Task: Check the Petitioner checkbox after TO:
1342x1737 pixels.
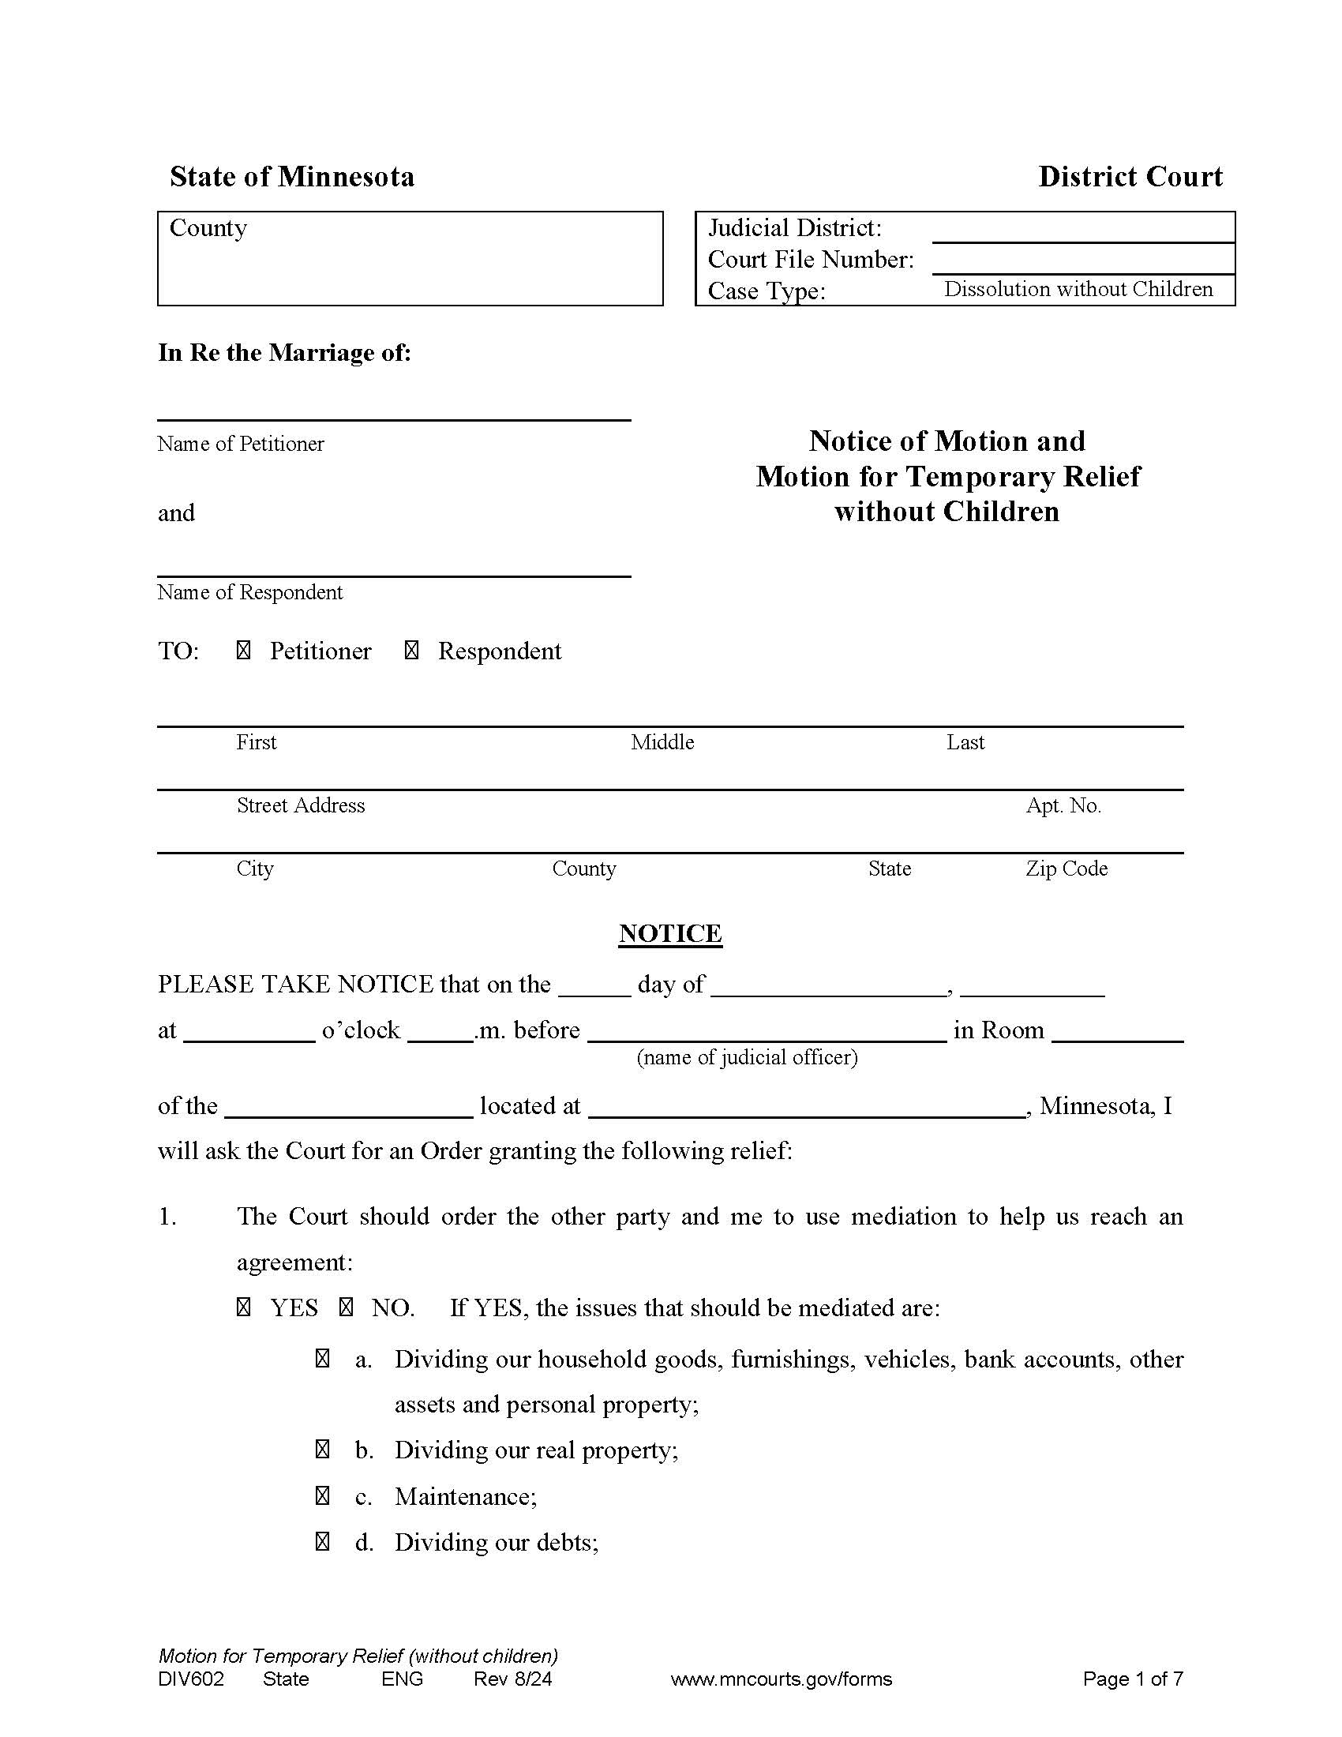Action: click(x=243, y=651)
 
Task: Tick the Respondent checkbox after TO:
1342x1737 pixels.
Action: click(x=412, y=651)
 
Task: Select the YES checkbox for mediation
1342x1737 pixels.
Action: click(x=243, y=1307)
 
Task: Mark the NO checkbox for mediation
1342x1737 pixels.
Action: click(x=346, y=1307)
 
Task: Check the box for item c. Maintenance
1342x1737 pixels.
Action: click(x=322, y=1497)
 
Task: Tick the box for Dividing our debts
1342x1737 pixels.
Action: click(x=322, y=1542)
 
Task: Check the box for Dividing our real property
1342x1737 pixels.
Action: click(x=322, y=1450)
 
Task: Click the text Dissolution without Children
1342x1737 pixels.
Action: click(x=1078, y=289)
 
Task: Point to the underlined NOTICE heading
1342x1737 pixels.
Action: click(x=670, y=933)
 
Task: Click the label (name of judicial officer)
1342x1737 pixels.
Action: click(x=747, y=1057)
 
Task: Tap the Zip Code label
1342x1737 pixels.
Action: click(x=1066, y=868)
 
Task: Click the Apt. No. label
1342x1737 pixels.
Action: click(x=1063, y=805)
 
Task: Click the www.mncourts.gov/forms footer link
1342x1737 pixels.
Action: click(x=782, y=1679)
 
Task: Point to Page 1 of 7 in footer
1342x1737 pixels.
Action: click(x=1133, y=1679)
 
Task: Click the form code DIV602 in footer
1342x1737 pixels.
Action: click(x=191, y=1679)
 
